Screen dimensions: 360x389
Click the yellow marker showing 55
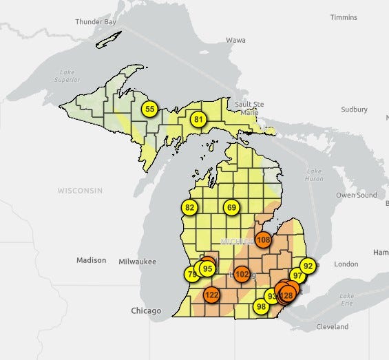[x=150, y=109]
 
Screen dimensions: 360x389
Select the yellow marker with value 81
[x=198, y=120]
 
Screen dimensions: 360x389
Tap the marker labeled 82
[x=190, y=207]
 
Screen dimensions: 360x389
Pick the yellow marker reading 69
[x=231, y=207]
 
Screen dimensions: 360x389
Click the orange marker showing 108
[x=263, y=240]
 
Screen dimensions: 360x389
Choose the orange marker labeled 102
[x=242, y=274]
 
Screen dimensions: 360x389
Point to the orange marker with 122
[x=211, y=295]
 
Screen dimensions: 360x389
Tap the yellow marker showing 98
[x=261, y=306]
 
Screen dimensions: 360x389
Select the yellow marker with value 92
[x=308, y=266]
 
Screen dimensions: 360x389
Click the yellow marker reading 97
[x=297, y=275]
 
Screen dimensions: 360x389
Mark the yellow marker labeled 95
[x=207, y=268]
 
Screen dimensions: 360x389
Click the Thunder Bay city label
[x=96, y=21]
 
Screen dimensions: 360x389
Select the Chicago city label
[x=146, y=311]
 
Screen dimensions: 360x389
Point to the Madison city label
[x=92, y=260]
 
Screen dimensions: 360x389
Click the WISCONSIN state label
[x=80, y=190]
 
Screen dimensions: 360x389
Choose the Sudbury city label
[x=354, y=109]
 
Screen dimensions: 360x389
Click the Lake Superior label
[x=67, y=76]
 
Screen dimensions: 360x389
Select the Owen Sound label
[x=356, y=195]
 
